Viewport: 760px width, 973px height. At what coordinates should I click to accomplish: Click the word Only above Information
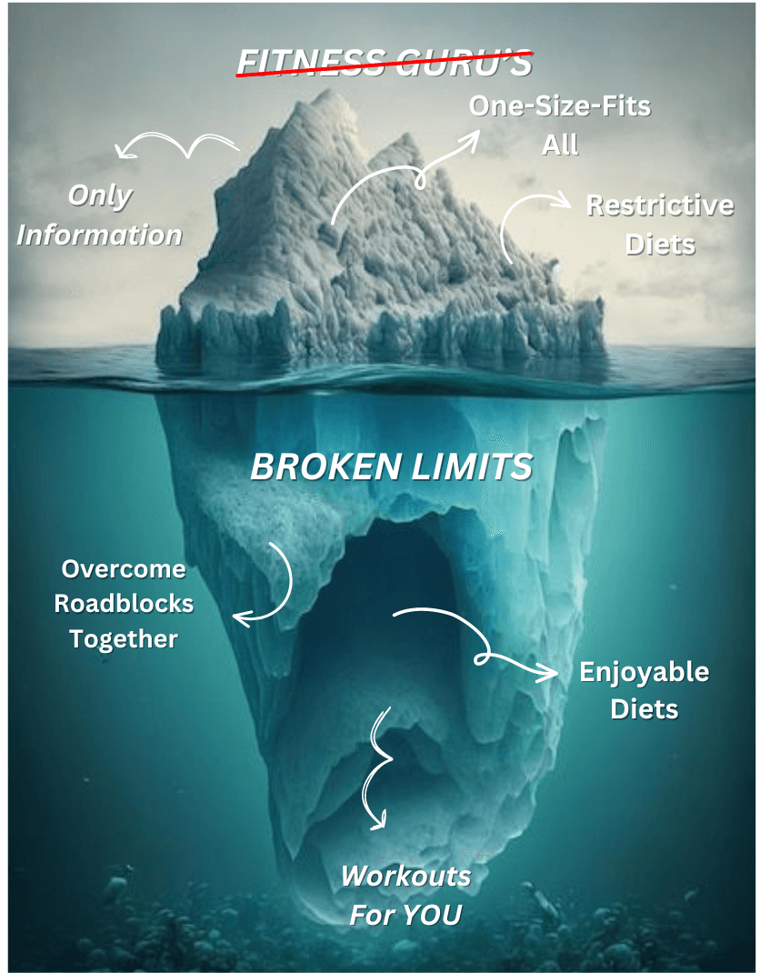point(100,196)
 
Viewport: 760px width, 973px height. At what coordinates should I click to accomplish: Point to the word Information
point(100,235)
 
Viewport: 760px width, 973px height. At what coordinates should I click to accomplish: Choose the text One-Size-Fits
point(560,105)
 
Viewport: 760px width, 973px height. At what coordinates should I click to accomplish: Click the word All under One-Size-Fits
point(560,145)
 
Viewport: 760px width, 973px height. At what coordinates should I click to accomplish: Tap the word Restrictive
point(659,206)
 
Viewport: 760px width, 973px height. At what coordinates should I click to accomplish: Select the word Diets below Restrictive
point(660,244)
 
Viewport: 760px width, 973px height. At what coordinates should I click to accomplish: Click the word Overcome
point(124,570)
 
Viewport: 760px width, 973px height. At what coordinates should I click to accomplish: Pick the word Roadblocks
point(124,604)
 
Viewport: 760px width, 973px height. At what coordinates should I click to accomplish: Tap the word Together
point(124,639)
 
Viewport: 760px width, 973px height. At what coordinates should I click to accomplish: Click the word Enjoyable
point(644,673)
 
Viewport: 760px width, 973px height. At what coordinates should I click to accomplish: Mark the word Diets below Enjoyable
point(644,708)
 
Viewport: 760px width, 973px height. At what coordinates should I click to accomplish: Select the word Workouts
point(405,877)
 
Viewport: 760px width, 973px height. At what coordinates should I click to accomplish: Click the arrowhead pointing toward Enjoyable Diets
point(549,674)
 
